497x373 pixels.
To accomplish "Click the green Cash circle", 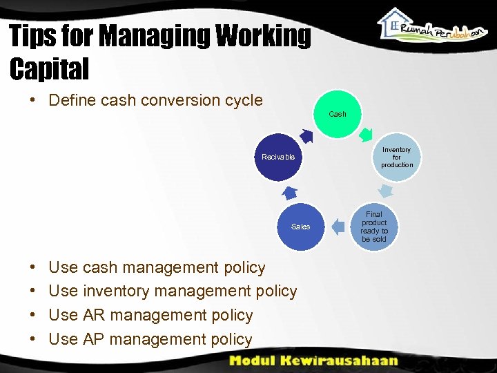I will (338, 114).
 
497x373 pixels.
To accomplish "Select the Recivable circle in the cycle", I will (278, 157).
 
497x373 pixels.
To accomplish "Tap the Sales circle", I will (300, 227).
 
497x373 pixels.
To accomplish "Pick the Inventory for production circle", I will (396, 157).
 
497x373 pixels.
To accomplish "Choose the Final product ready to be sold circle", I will (374, 227).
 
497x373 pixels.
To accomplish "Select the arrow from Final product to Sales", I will (338, 226).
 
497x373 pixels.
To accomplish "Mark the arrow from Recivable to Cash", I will (307, 135).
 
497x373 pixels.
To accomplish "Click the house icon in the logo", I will (396, 26).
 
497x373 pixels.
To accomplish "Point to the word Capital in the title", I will (50, 68).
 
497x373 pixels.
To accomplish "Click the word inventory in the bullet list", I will (116, 291).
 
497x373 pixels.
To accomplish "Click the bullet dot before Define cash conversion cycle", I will (32, 100).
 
